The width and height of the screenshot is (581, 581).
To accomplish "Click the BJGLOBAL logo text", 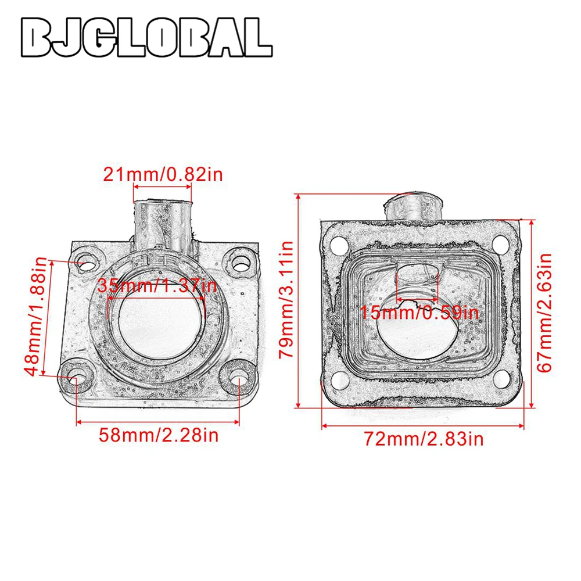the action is (147, 37).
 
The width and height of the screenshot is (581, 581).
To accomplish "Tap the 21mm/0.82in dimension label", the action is (163, 174).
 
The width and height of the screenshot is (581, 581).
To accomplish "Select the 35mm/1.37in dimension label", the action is (157, 286).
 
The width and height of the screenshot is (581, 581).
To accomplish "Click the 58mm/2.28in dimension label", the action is (159, 435).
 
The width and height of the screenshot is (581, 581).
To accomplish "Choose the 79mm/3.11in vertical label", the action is (286, 300).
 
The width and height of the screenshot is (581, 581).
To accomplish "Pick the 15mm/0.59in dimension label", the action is (419, 313).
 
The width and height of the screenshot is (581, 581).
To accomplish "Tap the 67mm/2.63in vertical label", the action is (544, 313).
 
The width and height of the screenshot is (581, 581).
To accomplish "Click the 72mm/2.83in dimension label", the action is (424, 439).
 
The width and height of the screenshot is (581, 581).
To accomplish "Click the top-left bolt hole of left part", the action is (88, 263).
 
